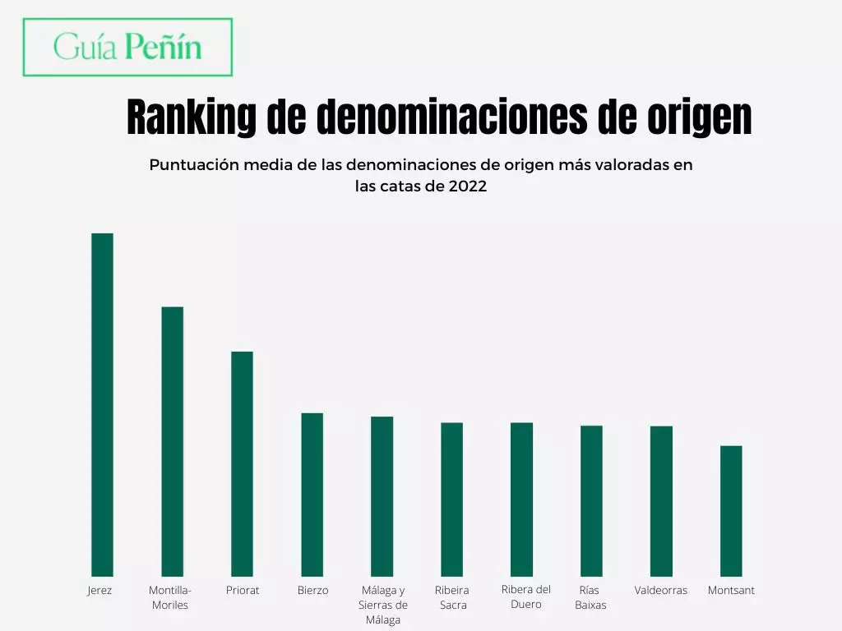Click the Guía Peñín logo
click(127, 47)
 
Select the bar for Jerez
click(102, 404)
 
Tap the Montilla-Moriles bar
click(172, 441)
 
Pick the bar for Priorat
click(242, 463)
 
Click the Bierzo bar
click(312, 494)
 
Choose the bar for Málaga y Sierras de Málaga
click(382, 496)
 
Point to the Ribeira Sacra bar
click(451, 499)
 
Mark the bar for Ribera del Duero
click(521, 499)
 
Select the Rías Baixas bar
click(591, 500)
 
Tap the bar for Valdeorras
click(661, 500)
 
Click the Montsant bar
click(731, 510)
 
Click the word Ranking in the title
click(191, 117)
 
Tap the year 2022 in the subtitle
click(468, 187)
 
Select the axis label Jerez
click(99, 590)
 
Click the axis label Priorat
click(243, 590)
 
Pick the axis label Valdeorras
click(661, 590)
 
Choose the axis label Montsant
click(731, 590)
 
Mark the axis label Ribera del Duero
click(526, 596)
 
